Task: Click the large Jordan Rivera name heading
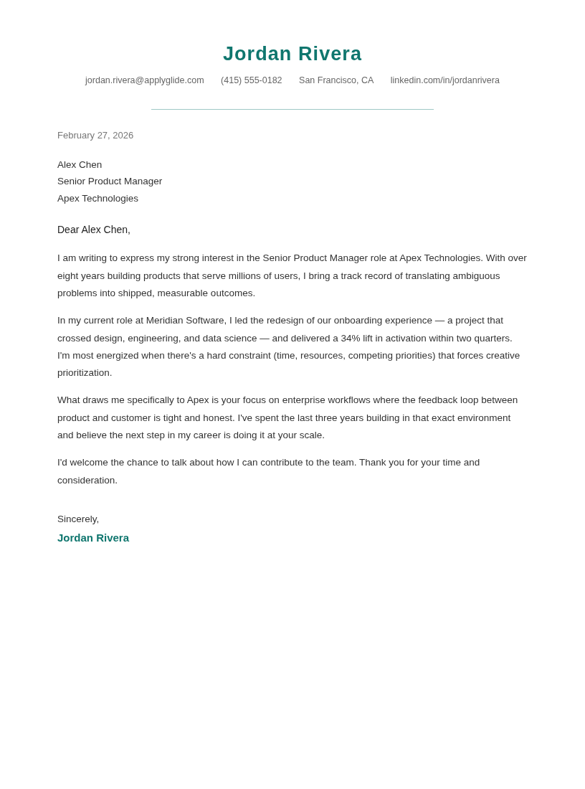(x=292, y=54)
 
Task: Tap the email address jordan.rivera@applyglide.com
(x=144, y=80)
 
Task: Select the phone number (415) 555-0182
(x=251, y=80)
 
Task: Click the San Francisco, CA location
(x=336, y=80)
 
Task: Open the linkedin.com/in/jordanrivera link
(x=444, y=80)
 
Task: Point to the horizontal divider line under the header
(x=292, y=110)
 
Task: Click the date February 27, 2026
(x=95, y=136)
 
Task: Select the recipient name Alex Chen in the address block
(x=80, y=165)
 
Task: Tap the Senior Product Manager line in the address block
(x=110, y=181)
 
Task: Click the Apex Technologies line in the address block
(x=97, y=199)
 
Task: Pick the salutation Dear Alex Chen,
(x=94, y=230)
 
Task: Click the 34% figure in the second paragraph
(x=351, y=339)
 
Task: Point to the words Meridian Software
(x=186, y=321)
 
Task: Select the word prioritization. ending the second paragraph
(x=85, y=373)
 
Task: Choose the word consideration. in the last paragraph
(x=87, y=481)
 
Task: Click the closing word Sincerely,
(x=78, y=519)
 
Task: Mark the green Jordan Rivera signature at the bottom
(x=93, y=538)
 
